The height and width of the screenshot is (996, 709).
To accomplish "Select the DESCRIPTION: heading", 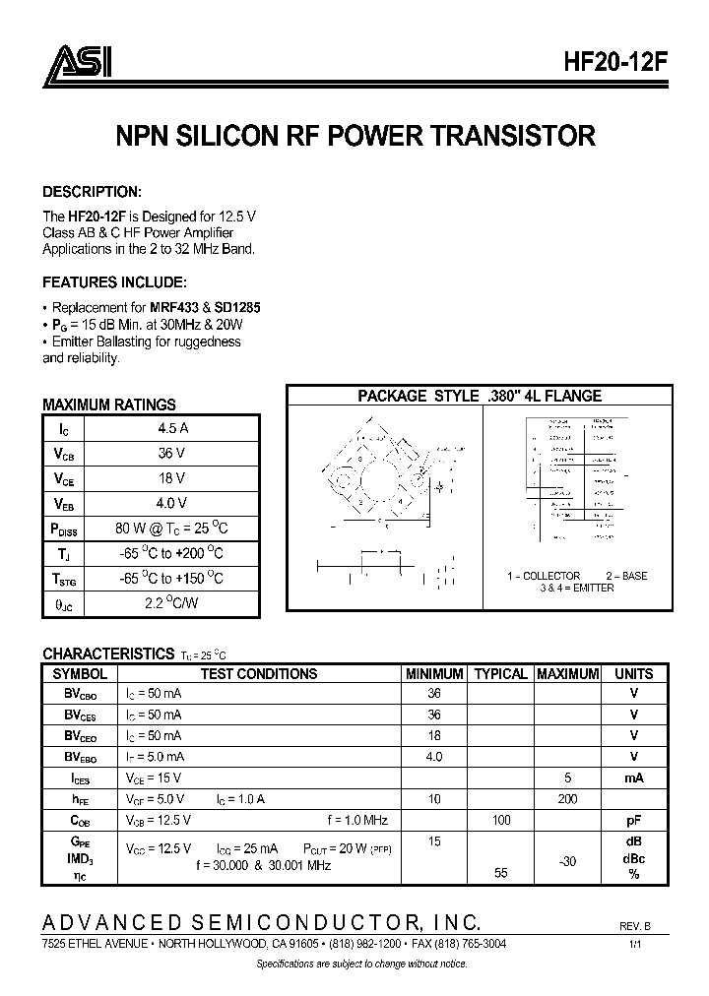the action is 93,191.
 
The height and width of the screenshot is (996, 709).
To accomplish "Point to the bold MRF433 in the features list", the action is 173,307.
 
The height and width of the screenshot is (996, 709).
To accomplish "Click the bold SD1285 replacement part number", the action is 236,307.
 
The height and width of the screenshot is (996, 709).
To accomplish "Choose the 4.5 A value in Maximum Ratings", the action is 172,428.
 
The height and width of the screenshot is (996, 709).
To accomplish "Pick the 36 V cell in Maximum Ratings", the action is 172,453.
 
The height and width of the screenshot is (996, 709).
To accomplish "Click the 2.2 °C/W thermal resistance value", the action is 172,602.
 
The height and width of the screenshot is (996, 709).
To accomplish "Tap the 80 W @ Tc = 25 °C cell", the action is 172,528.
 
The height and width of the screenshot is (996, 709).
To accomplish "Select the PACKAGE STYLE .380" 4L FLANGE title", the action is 480,396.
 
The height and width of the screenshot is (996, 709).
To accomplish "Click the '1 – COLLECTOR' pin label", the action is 544,576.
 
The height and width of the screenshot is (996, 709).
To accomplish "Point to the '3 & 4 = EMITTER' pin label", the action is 576,588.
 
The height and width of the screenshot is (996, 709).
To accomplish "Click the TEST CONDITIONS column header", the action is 259,674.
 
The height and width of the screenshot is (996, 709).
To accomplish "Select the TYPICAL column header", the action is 500,674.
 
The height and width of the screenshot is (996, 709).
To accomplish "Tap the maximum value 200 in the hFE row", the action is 567,798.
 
